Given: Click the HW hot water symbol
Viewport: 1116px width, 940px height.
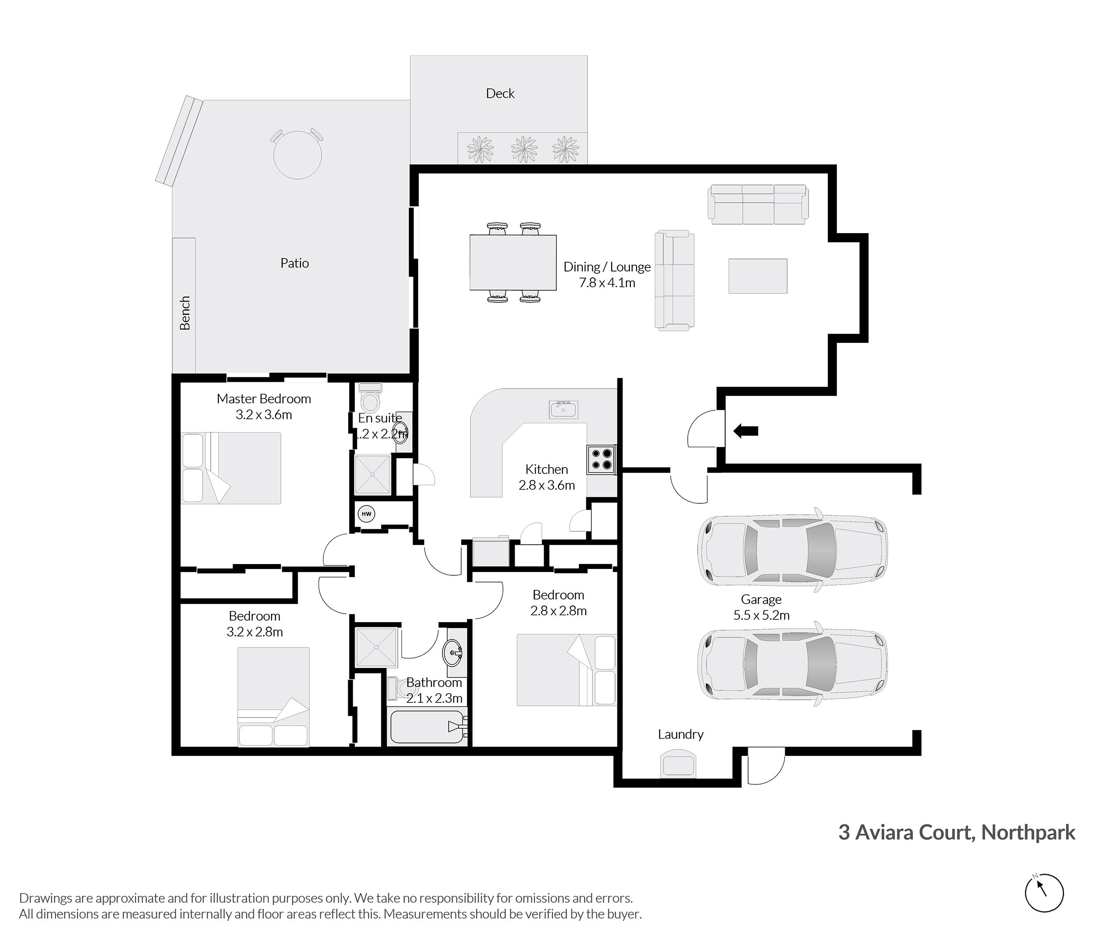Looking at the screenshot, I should pyautogui.click(x=366, y=514).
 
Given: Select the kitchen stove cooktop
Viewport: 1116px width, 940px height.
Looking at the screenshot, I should pyautogui.click(x=601, y=460).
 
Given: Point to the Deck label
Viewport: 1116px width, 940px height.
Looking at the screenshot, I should pyautogui.click(x=500, y=94).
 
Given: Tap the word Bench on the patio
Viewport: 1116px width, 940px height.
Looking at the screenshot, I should pyautogui.click(x=185, y=313).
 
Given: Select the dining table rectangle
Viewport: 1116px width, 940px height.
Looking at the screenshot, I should pyautogui.click(x=512, y=262).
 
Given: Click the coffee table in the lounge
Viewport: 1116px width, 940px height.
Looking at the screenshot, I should pyautogui.click(x=758, y=276).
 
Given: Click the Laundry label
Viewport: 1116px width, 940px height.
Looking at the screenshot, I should pyautogui.click(x=680, y=734).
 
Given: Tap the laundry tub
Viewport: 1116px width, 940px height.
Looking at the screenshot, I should pyautogui.click(x=678, y=764).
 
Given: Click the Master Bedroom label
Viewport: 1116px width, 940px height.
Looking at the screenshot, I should pyautogui.click(x=264, y=399).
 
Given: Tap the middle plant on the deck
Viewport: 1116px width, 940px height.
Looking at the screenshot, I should pyautogui.click(x=524, y=149).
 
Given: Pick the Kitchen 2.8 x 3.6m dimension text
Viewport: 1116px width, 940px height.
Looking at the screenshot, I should pyautogui.click(x=546, y=485).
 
